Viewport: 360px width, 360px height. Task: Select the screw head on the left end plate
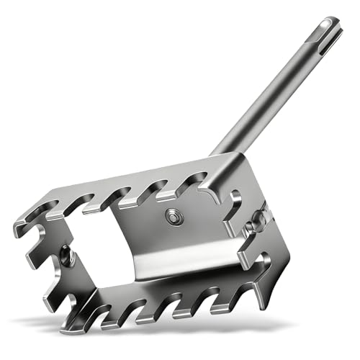pos(66,253)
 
